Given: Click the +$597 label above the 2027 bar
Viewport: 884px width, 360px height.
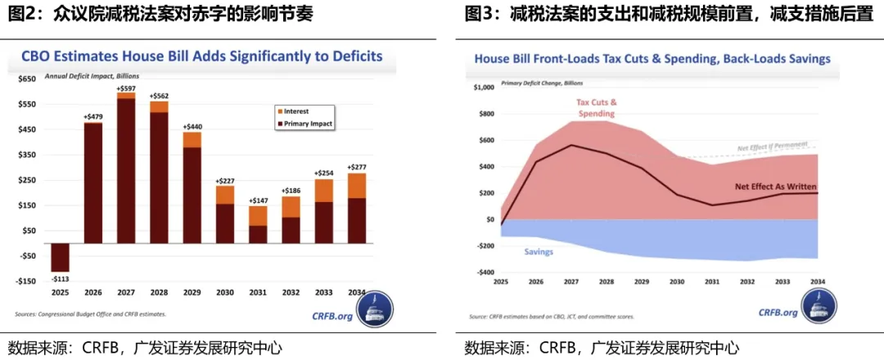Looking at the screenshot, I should [x=126, y=88].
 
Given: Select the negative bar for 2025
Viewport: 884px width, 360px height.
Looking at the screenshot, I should [x=59, y=257].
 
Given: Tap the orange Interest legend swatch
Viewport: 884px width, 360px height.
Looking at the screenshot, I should [x=280, y=110].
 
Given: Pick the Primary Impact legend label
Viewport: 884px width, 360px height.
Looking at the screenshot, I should [x=310, y=123].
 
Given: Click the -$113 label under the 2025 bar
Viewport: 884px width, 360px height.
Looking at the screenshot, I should [x=59, y=279].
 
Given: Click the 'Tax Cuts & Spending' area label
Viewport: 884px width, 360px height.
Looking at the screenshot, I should [x=596, y=107].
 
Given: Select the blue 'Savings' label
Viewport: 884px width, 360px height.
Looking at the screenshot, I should [x=538, y=251].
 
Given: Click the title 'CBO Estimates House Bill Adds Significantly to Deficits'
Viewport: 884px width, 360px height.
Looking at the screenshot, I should [x=201, y=56].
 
